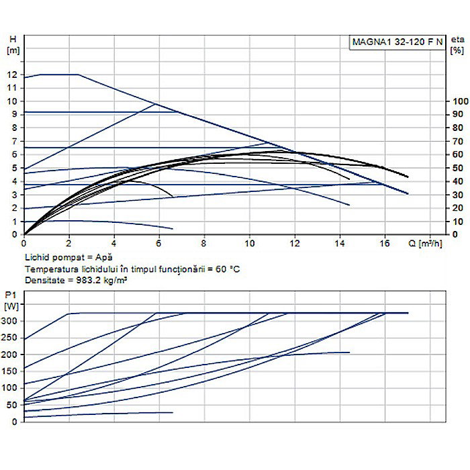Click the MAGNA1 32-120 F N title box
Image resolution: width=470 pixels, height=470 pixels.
pos(397,42)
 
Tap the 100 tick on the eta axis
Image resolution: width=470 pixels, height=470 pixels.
pos(457,101)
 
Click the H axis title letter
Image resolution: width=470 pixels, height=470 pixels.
pos(11,40)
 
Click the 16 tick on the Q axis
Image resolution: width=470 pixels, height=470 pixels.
pos(384,244)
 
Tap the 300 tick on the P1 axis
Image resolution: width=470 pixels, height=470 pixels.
pos(10,321)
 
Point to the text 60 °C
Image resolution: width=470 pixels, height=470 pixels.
pos(226,269)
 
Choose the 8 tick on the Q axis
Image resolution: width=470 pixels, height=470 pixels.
pos(204,244)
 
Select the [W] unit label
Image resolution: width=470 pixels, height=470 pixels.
pos(11,307)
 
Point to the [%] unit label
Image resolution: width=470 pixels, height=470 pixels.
pos(457,50)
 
